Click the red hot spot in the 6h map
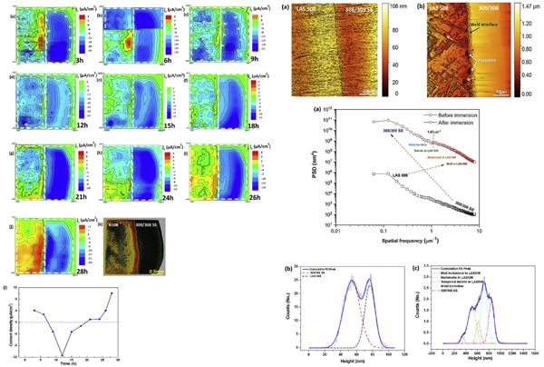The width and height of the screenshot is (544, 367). (128, 42)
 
